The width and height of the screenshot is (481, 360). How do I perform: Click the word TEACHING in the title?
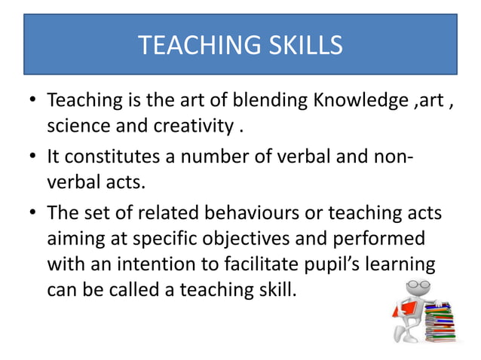click(x=190, y=46)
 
